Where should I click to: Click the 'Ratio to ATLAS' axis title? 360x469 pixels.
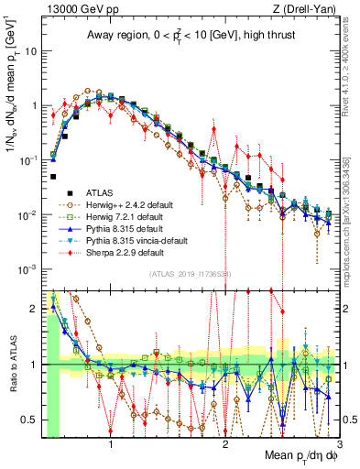click(x=12, y=365)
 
